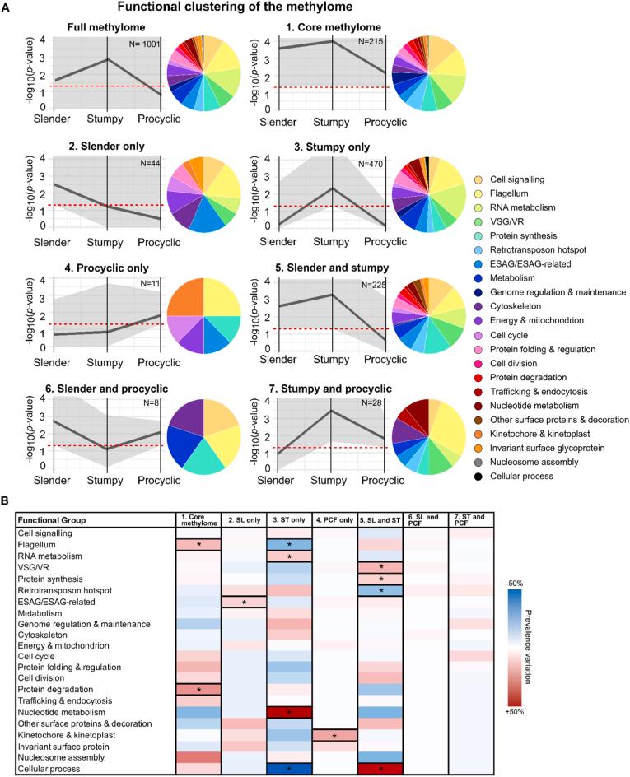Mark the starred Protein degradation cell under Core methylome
(x=198, y=687)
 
